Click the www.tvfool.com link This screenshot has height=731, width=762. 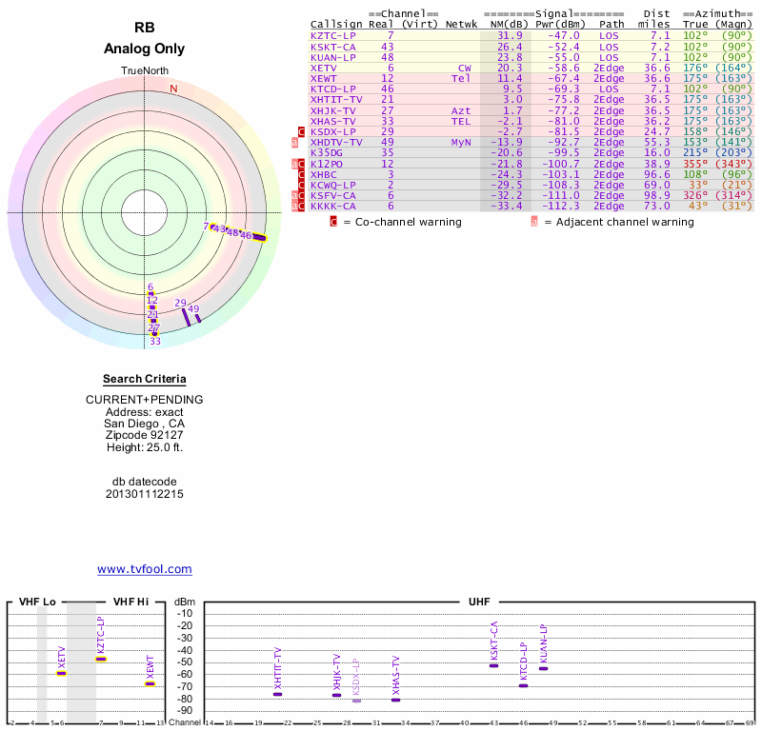145,569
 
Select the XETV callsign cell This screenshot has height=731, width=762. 324,68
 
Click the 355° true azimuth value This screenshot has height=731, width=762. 695,164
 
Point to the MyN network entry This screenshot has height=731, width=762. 462,142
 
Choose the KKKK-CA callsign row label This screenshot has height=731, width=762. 333,206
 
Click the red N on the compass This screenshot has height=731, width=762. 173,89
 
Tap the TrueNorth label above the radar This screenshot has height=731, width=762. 144,71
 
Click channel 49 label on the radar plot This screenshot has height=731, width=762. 193,309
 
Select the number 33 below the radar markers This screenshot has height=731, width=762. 154,341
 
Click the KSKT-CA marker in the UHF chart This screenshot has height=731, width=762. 493,665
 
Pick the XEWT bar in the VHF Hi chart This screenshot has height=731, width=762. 150,683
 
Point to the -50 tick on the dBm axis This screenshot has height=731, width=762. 185,662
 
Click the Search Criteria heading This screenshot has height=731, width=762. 145,379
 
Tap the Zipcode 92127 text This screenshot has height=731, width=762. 145,434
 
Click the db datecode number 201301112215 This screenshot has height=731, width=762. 145,494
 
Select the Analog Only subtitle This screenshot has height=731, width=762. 145,49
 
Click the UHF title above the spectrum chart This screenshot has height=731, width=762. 479,603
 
